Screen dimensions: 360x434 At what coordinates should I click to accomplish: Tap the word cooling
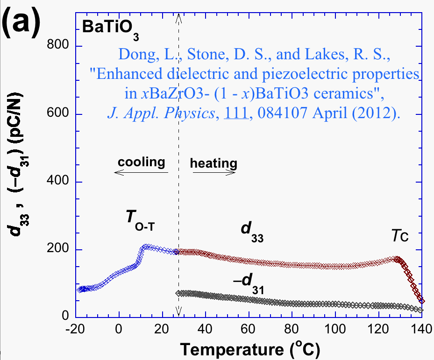tap(141, 162)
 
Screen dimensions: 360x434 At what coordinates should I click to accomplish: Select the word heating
tap(213, 164)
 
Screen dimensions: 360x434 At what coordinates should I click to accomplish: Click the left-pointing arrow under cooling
tap(141, 172)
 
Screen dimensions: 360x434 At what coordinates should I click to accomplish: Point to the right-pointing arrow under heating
tap(214, 172)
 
